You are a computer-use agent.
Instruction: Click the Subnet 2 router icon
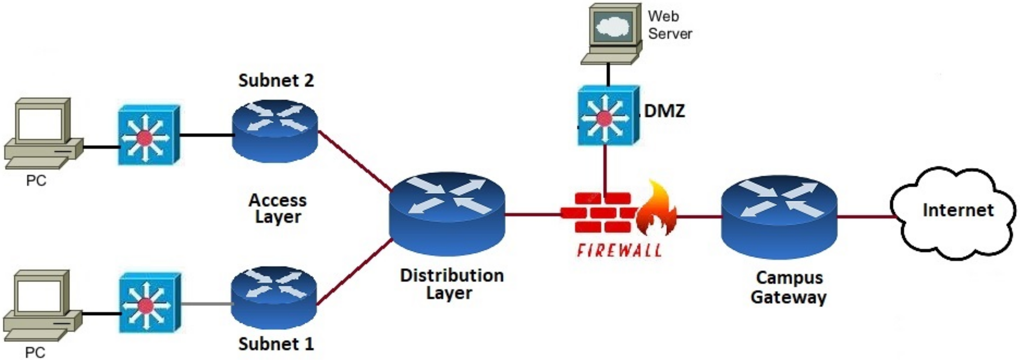[x=275, y=131]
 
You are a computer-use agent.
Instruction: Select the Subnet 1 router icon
[x=274, y=298]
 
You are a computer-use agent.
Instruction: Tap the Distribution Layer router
[x=447, y=214]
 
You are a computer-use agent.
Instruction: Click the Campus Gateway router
[x=779, y=217]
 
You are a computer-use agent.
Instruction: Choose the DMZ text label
[x=664, y=111]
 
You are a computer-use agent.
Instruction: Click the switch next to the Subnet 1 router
[x=149, y=303]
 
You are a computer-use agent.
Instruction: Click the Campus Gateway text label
[x=788, y=287]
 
